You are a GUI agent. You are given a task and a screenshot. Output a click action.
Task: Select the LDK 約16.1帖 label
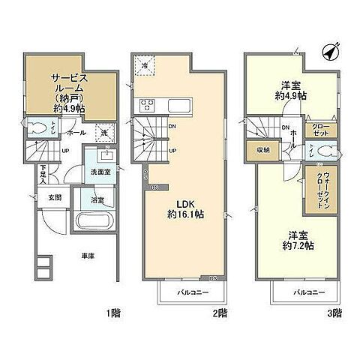pos(181,208)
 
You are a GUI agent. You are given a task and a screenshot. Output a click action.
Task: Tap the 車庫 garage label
pos(88,257)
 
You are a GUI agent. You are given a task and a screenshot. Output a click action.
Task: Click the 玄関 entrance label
pos(55,199)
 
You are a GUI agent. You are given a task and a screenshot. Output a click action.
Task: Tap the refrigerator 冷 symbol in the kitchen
pos(145,67)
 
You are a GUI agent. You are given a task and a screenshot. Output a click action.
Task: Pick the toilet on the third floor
pos(323,150)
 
